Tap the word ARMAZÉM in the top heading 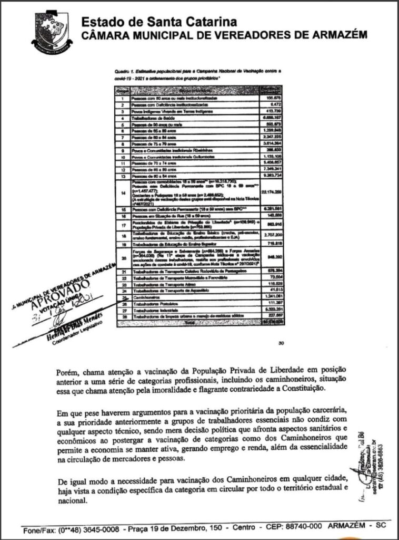tap(337, 35)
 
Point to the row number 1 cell tap(122, 98)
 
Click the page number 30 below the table tap(282, 344)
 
